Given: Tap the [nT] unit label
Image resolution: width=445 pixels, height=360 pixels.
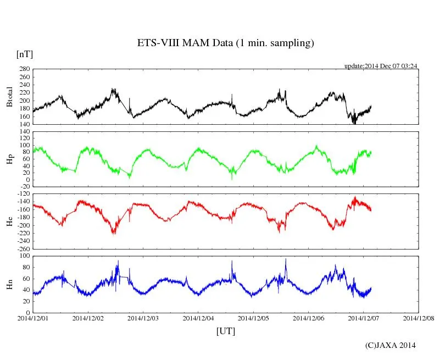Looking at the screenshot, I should coord(25,54).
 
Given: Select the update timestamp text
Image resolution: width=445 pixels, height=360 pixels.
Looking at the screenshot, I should coord(381,66).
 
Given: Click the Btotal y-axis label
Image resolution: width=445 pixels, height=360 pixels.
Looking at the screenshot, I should coord(9,97).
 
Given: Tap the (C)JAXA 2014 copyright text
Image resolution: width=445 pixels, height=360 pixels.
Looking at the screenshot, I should coord(391,345).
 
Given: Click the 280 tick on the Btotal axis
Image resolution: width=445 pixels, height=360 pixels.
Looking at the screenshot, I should coord(24,69).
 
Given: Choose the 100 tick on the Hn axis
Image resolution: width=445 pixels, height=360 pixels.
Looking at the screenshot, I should coord(24,256).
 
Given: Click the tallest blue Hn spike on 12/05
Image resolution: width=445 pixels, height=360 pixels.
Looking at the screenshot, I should coord(286,259).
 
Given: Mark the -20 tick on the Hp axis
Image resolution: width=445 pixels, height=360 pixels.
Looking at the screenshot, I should coord(24,187).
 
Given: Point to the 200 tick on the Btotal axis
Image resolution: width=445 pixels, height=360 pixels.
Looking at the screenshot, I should coord(24,101).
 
